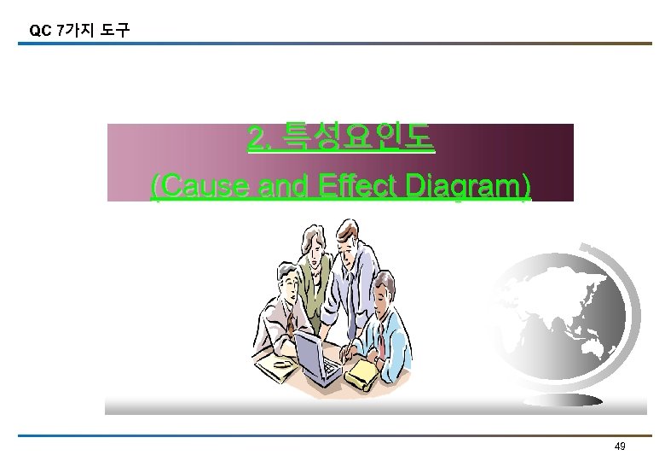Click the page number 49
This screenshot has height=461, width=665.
click(x=620, y=447)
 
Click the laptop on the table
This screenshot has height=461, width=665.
click(x=315, y=354)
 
